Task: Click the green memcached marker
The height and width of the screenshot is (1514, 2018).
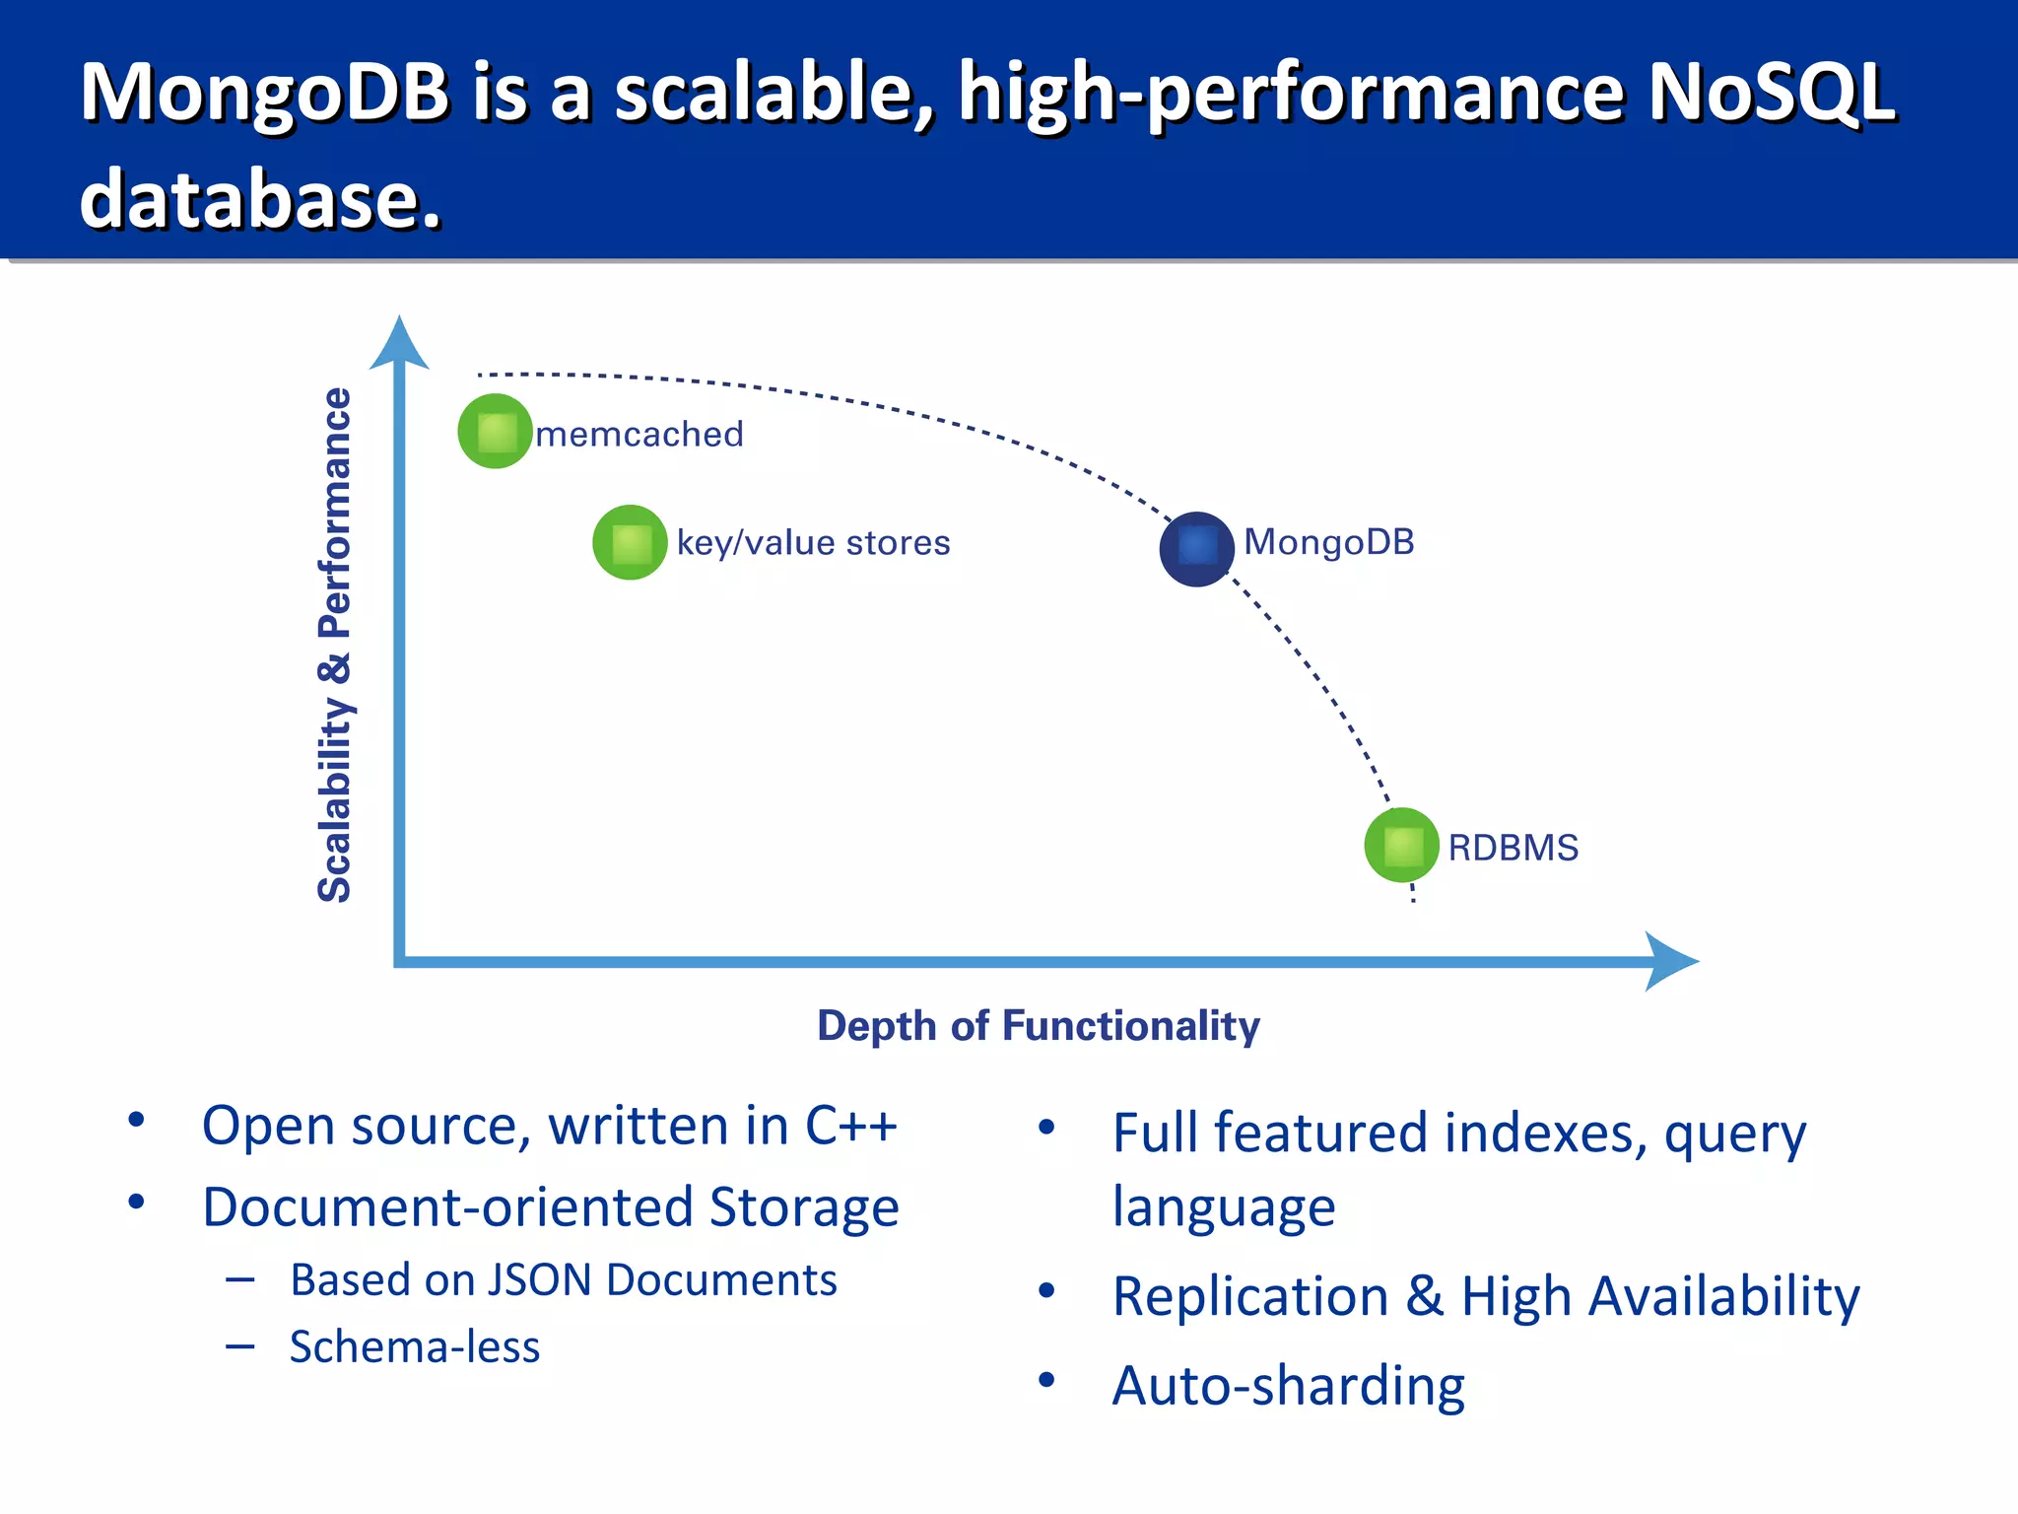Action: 495,431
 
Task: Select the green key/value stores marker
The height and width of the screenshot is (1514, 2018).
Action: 630,542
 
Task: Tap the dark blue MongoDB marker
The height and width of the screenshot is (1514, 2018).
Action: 1196,548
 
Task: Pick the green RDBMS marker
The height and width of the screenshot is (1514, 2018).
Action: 1401,845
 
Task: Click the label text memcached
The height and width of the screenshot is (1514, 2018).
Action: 639,434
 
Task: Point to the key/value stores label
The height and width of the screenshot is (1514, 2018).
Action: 813,542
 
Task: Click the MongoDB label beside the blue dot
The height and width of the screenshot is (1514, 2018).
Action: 1328,541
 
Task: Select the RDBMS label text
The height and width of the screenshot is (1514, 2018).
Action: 1513,848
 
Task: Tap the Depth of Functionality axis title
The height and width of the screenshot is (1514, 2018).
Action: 1038,1026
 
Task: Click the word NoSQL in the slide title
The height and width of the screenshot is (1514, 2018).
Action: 1771,92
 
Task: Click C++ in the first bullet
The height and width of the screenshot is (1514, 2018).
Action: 850,1126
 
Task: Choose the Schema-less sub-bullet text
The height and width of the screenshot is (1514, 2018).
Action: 415,1346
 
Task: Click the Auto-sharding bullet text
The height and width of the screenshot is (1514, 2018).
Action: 1288,1386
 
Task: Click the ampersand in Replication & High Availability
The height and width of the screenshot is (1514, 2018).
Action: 1424,1295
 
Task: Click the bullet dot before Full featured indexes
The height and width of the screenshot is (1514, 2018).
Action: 1046,1127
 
